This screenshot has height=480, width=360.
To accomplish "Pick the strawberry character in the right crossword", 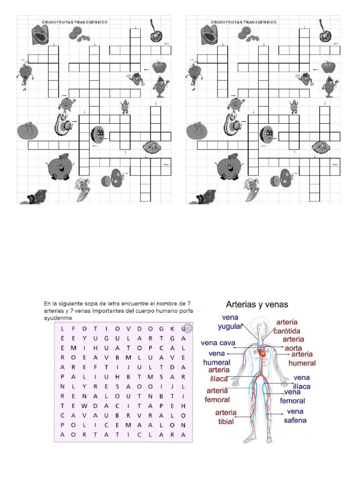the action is point(305,78).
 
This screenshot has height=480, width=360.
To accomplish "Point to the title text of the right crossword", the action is point(244,22).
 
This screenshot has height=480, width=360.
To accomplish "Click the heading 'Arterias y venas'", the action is point(257,304).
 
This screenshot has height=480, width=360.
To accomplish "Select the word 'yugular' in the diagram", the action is point(230,326).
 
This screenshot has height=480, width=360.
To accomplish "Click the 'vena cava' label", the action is point(218,343).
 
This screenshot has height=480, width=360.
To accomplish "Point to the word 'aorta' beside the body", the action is point(293,348).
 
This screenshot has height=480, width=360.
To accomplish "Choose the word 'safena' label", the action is point(295,420).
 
